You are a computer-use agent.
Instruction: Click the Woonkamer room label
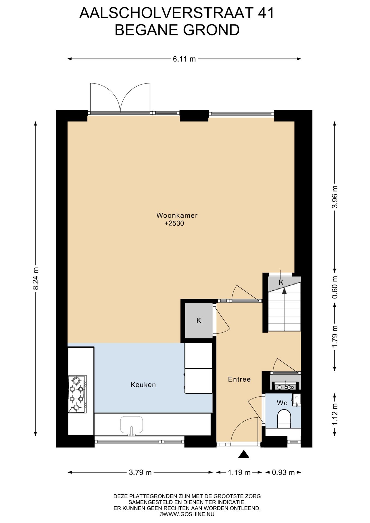pyautogui.click(x=177, y=215)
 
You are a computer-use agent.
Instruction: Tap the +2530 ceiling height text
pyautogui.click(x=174, y=223)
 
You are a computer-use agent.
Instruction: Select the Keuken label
pyautogui.click(x=143, y=385)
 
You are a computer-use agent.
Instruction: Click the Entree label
pyautogui.click(x=239, y=379)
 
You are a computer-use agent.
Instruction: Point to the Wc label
pyautogui.click(x=282, y=403)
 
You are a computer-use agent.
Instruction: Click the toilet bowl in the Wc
pyautogui.click(x=284, y=419)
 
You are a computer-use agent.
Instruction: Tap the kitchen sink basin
pyautogui.click(x=132, y=424)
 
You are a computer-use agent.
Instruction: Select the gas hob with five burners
pyautogui.click(x=77, y=394)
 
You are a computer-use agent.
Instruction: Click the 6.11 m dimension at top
pyautogui.click(x=184, y=59)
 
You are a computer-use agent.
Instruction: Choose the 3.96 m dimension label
pyautogui.click(x=335, y=197)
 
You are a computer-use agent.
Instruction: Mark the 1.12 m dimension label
pyautogui.click(x=335, y=414)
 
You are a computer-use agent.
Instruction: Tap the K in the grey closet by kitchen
pyautogui.click(x=199, y=321)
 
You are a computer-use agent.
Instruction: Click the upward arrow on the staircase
pyautogui.click(x=284, y=291)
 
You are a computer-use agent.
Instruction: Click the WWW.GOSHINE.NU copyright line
pyautogui.click(x=187, y=514)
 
